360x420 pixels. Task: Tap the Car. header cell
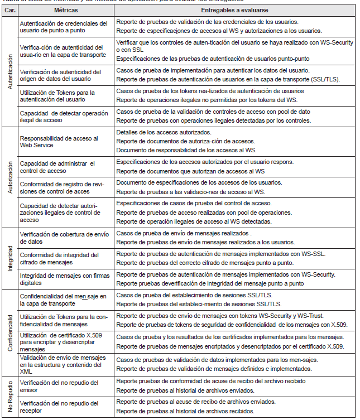click(9, 11)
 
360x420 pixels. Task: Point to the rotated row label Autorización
click(9, 178)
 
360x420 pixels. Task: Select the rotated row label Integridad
click(9, 258)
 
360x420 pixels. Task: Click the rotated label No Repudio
click(9, 396)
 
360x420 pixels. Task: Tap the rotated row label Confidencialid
click(9, 331)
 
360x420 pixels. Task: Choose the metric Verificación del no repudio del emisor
click(59, 385)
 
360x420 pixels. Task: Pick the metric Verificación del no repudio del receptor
click(59, 407)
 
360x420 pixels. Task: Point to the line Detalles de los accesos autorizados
click(164, 132)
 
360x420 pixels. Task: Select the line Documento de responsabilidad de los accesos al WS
click(186, 150)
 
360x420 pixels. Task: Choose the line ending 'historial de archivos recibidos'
click(185, 411)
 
